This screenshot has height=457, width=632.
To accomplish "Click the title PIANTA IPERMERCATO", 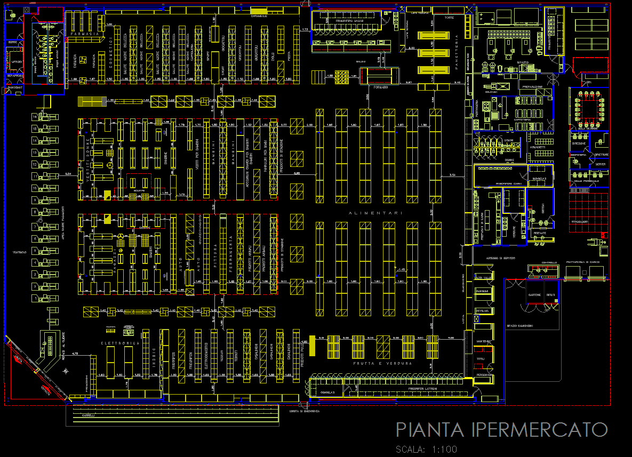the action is pos(502,429).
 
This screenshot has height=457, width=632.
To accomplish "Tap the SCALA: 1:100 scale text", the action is pos(426,449).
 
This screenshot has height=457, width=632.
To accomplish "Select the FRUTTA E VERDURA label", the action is pos(382,363).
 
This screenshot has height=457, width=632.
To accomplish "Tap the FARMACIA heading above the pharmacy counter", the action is pos(85,34).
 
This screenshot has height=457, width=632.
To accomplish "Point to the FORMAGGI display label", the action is pos(380,87).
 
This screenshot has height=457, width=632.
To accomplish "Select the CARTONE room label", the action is pos(534,295).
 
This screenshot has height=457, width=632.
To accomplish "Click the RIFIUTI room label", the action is pos(551,295).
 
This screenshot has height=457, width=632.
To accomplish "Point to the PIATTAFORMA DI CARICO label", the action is pos(583,262).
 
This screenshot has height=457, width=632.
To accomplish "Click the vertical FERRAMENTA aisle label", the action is pos(230,254).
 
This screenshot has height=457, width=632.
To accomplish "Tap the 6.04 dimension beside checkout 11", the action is pos(68,174).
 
